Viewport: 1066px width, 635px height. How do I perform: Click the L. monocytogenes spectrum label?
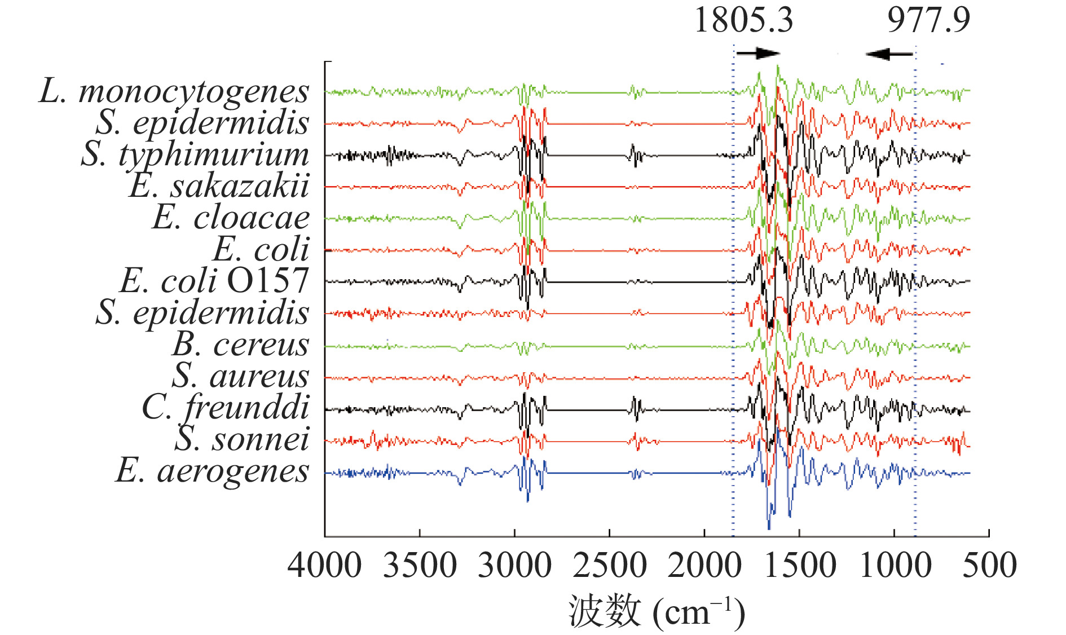coord(174,91)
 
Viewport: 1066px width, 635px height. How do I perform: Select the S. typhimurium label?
coord(195,155)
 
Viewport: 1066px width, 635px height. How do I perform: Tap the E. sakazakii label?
coord(219,186)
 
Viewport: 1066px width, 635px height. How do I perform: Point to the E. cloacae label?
coord(231,218)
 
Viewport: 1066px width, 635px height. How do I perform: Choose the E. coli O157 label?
coord(214,281)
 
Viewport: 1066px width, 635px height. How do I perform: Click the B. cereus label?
coord(241,345)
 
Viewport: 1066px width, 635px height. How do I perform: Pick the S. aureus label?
coord(241,376)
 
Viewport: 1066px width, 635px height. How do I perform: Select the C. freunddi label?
coord(226,407)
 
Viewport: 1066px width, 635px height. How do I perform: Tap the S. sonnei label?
coord(242,439)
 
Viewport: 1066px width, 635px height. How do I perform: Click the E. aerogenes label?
coord(212,471)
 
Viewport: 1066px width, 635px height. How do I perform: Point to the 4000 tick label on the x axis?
coord(324,566)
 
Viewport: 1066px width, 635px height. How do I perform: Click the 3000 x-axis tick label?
coord(514,566)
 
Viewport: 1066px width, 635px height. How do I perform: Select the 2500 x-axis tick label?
coord(610,566)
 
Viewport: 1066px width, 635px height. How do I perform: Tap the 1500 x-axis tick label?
coord(800,566)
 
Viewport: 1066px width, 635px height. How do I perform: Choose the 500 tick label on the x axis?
coord(989,566)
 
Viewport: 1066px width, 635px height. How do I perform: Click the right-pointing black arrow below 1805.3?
coord(758,54)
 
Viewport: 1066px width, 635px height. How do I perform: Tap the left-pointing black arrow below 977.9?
coord(889,54)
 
